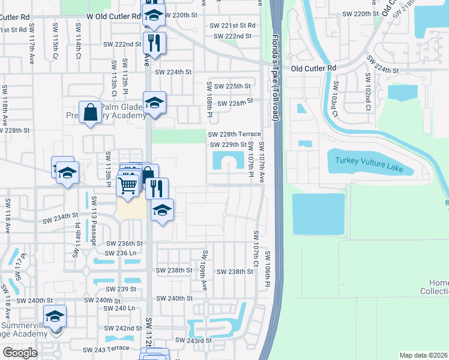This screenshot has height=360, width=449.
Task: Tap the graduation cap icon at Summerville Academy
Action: [55, 316]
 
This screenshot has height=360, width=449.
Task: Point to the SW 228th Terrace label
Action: [234, 134]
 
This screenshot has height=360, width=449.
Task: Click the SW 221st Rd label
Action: [232, 25]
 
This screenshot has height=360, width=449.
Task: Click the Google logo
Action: [20, 353]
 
